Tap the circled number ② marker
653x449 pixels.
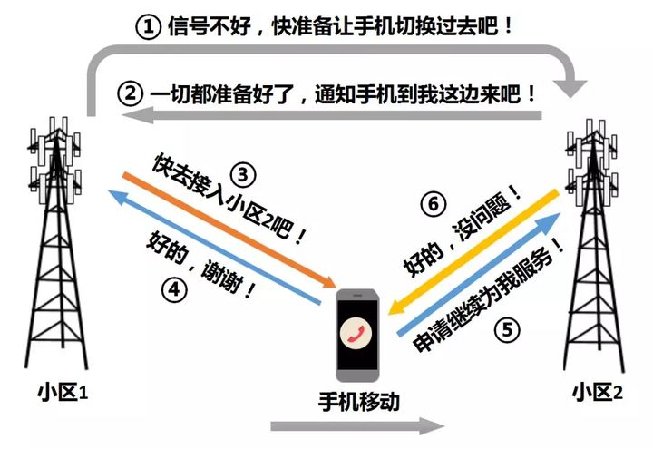click(132, 93)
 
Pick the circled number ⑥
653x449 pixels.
click(434, 205)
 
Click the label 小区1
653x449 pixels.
click(62, 393)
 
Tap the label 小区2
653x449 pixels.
click(597, 393)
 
